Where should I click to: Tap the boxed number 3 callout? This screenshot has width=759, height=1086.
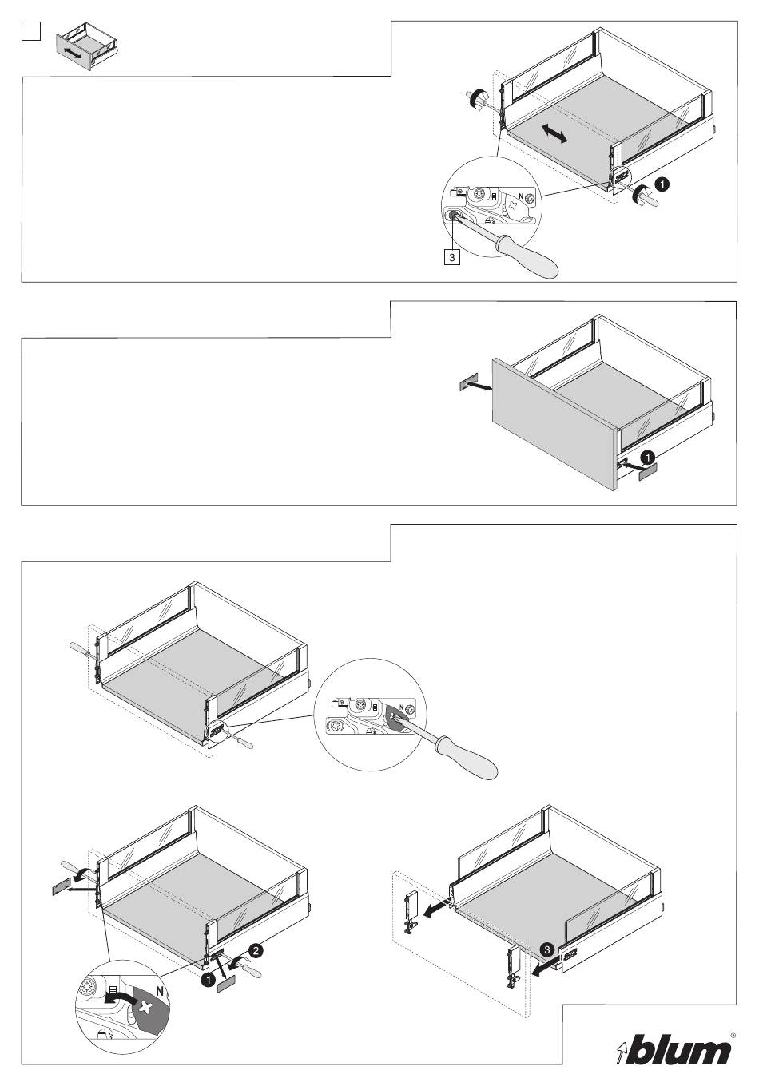point(452,258)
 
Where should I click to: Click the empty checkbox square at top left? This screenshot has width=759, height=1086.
point(30,30)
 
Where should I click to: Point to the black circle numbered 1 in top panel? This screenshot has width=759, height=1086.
point(662,184)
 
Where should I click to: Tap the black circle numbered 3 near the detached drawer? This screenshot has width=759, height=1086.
point(545,950)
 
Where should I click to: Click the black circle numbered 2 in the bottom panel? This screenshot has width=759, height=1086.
point(256,950)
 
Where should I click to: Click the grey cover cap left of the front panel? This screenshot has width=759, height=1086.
point(468,382)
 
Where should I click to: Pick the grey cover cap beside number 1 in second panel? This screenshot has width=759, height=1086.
point(646,473)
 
